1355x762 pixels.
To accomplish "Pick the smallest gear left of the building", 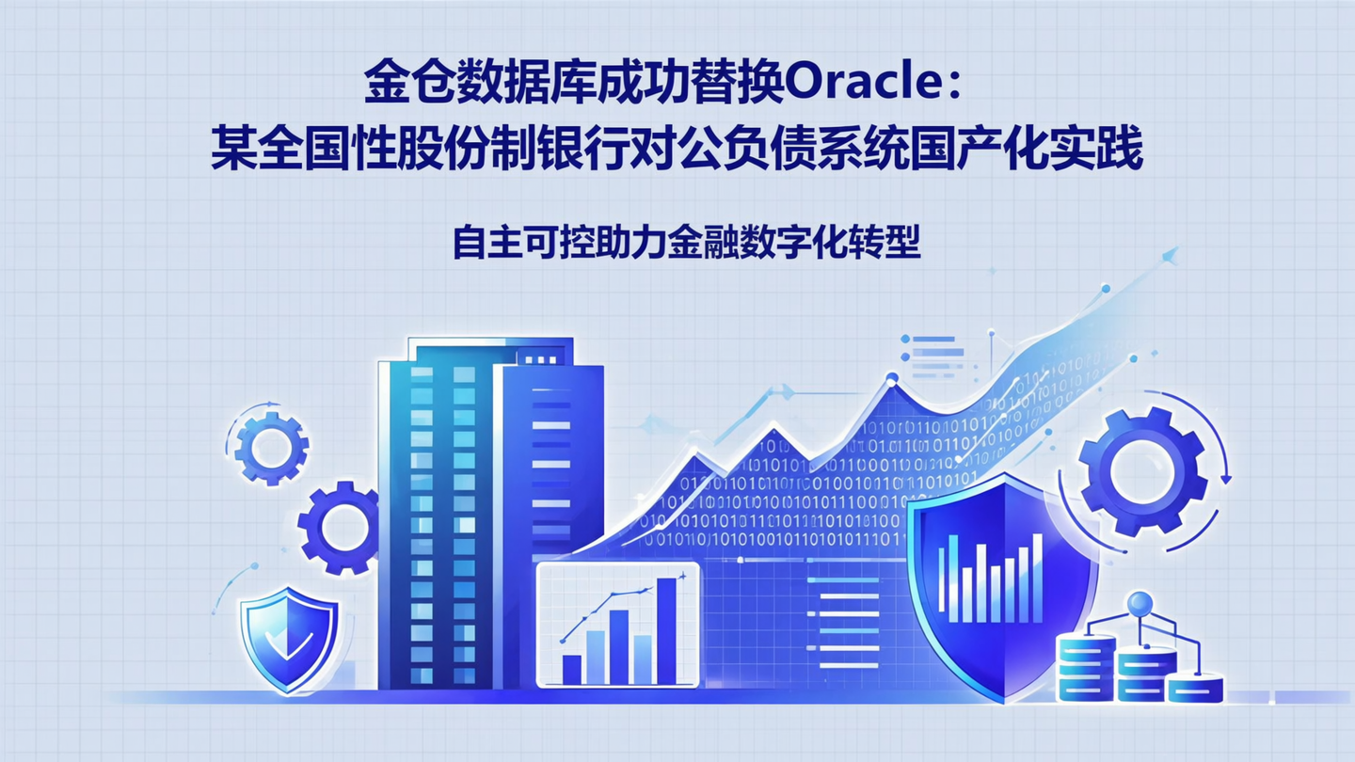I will pos(271,449).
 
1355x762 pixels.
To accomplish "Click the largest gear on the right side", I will pos(1142,471).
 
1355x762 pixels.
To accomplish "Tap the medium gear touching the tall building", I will pos(340,527).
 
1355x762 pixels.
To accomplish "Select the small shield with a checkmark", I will pos(289,640).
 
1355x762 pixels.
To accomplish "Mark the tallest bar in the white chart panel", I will pos(666,630).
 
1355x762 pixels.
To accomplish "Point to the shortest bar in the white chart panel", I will pos(571,669).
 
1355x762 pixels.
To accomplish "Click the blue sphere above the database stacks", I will pos(1139,602).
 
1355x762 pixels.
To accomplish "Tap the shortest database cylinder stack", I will pos(1195,689).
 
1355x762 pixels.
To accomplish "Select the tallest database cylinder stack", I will pos(1085,666).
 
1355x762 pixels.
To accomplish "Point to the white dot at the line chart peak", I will pos(891,380).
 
